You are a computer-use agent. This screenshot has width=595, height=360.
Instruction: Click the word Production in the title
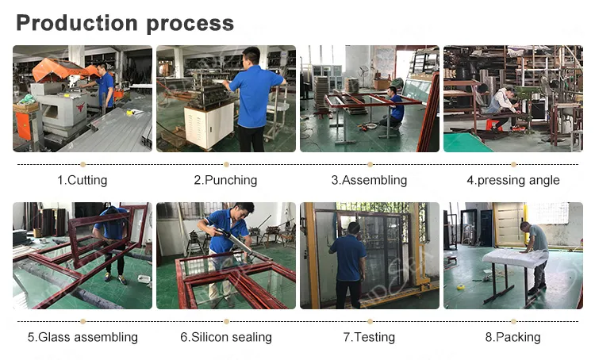click(77, 23)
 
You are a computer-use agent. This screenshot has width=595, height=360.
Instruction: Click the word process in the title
click(190, 25)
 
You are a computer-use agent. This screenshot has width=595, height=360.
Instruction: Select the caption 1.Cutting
click(83, 180)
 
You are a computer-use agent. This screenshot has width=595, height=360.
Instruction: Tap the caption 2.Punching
click(226, 180)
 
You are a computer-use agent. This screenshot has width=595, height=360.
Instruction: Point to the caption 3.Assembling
click(369, 180)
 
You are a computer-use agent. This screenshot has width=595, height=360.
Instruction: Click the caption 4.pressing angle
click(513, 180)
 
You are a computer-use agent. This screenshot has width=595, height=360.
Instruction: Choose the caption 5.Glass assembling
click(83, 337)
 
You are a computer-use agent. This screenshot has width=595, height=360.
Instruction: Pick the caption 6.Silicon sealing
click(226, 337)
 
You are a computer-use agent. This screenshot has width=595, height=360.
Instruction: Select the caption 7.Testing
click(369, 337)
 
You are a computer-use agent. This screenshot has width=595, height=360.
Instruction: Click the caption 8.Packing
click(513, 337)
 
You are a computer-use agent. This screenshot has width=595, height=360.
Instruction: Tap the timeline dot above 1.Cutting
click(83, 164)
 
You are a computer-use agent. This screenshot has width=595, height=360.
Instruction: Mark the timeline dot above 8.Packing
click(513, 321)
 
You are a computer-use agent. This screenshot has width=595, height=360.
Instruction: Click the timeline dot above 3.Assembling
click(370, 164)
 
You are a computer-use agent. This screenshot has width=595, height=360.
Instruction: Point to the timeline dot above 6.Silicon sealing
click(227, 321)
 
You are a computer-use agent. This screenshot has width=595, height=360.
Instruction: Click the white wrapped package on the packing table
click(515, 259)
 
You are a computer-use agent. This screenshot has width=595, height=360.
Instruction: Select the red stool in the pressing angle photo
click(493, 125)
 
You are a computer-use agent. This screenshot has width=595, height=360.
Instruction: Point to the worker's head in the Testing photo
click(353, 228)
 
